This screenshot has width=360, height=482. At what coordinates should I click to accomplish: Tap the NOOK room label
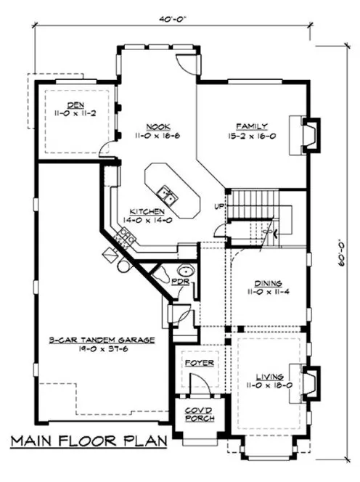[153, 125]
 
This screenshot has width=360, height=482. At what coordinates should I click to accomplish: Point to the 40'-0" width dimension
[171, 20]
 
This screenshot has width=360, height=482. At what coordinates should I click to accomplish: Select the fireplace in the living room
[308, 380]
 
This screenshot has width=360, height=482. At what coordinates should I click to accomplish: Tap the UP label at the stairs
[218, 207]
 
